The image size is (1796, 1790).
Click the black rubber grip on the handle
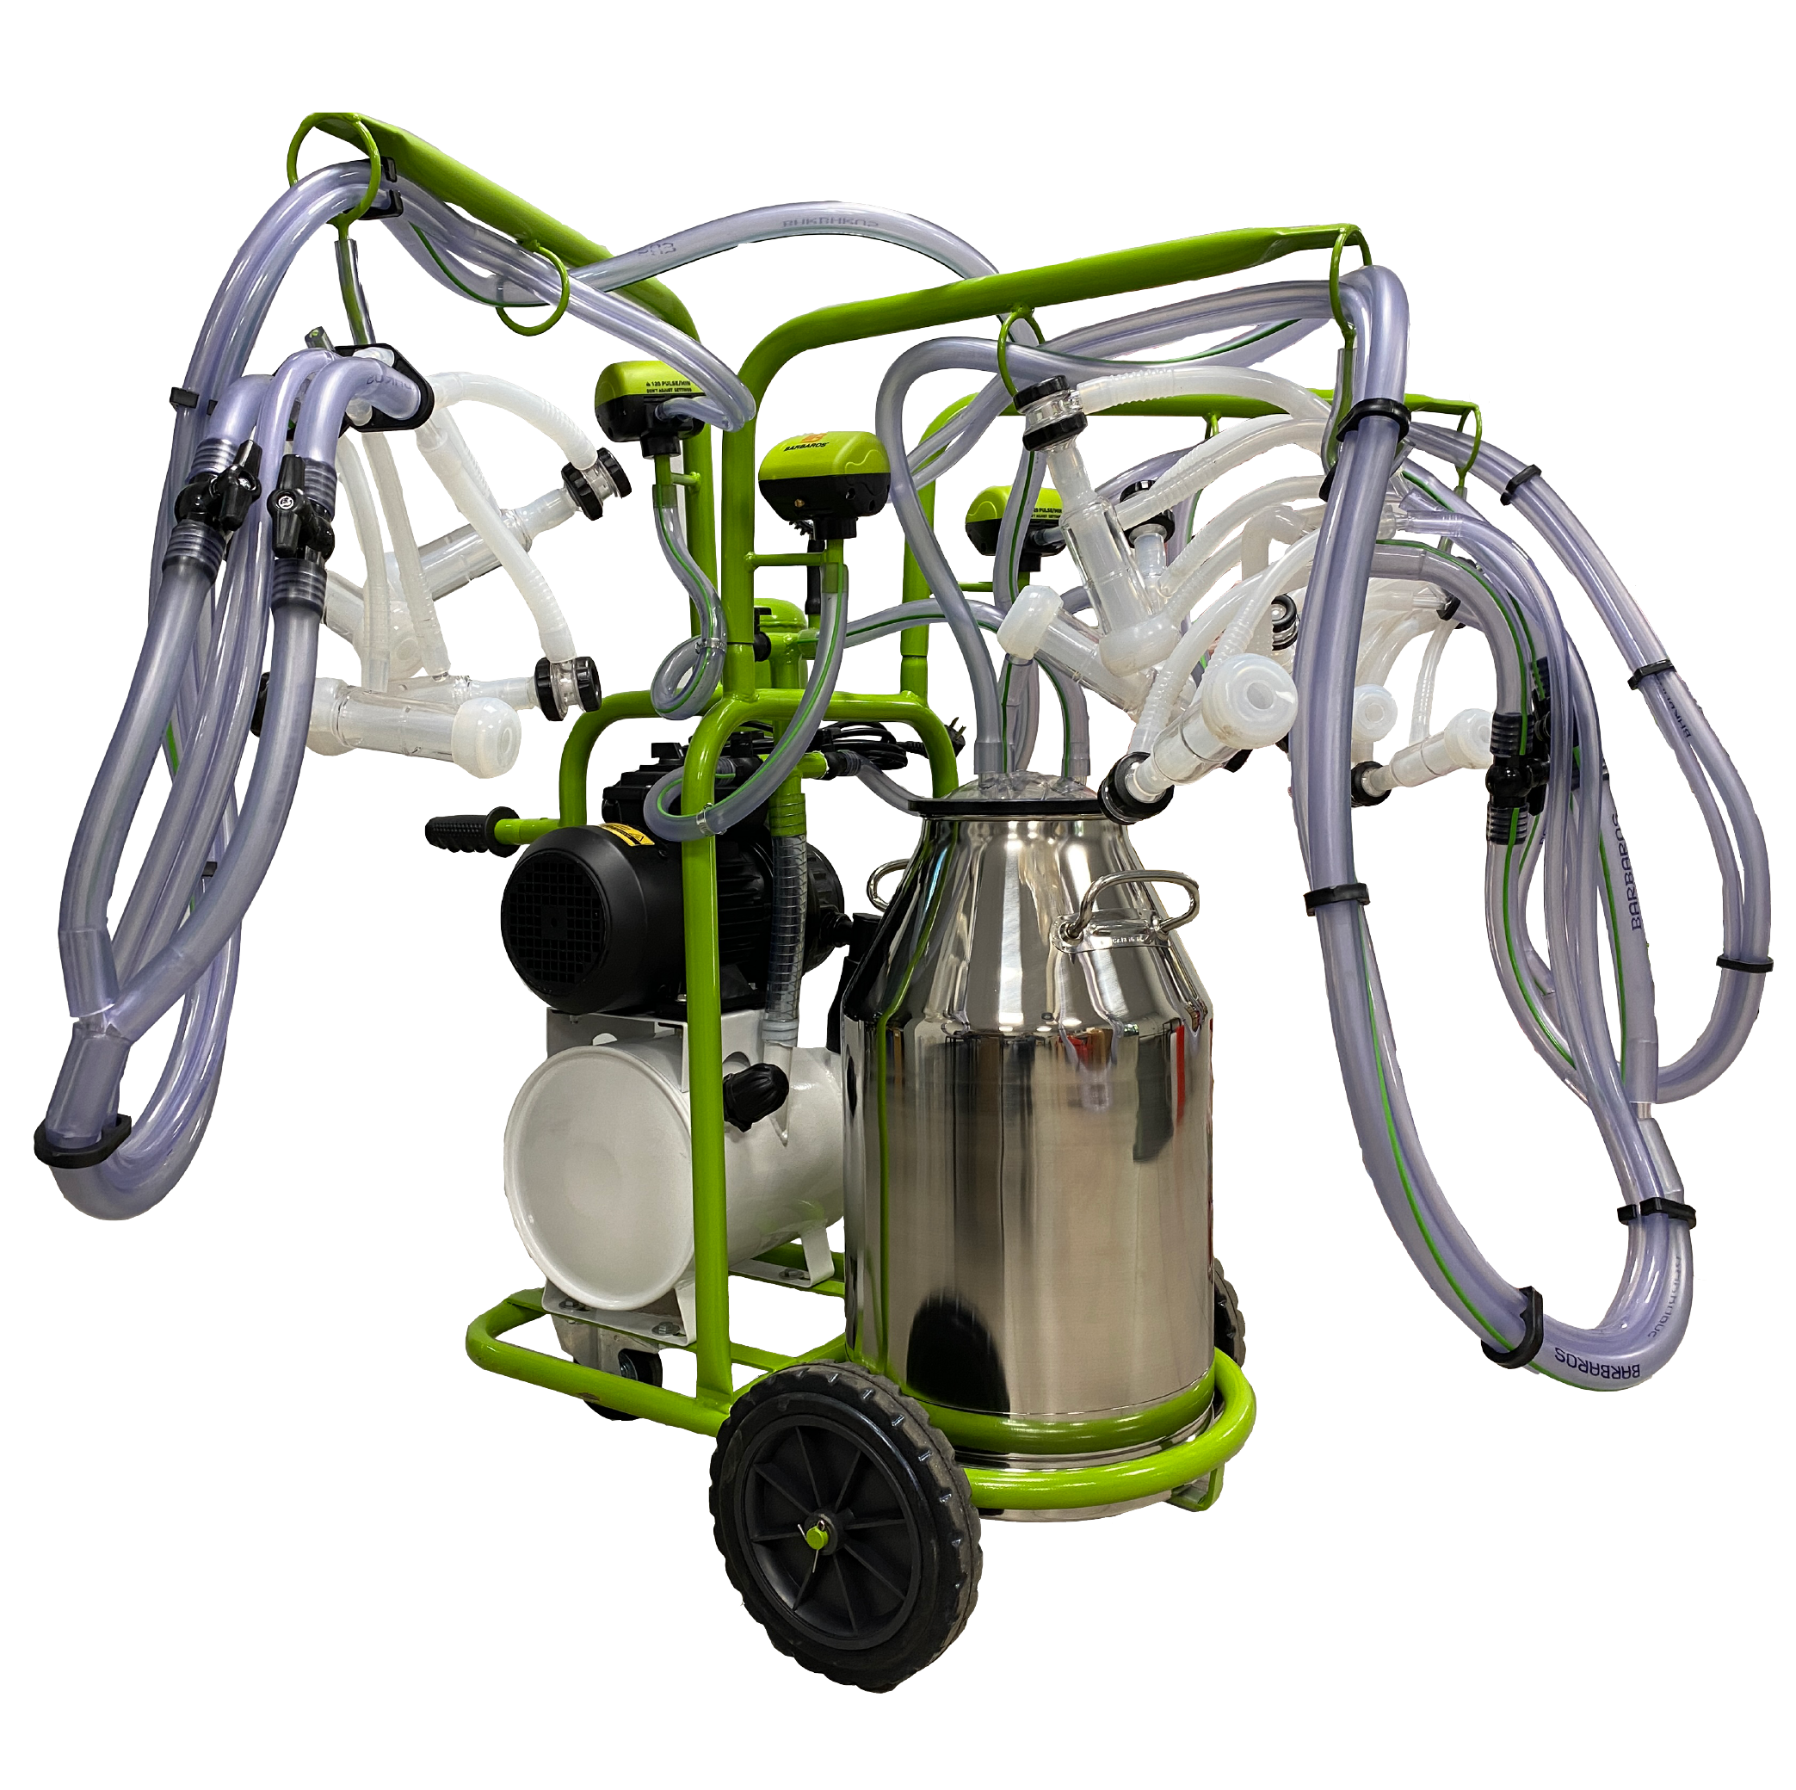[x=461, y=830]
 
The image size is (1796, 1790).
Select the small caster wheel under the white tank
[x=638, y=1367]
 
